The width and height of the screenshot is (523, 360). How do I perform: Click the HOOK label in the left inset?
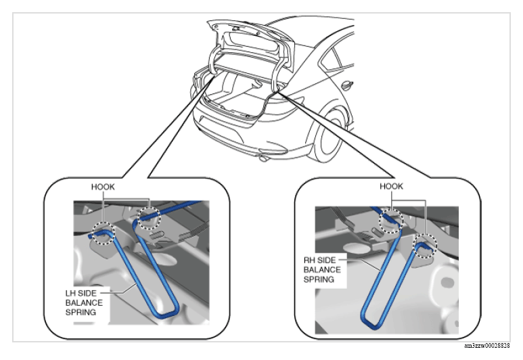click(103, 187)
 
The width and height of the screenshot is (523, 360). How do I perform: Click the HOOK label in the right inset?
click(391, 186)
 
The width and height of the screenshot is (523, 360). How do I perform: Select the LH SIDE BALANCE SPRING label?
click(84, 302)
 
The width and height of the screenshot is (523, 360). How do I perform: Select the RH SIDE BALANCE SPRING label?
click(322, 269)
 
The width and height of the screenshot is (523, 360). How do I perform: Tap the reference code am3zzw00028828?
click(487, 346)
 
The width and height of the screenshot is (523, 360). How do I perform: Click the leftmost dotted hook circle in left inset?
click(104, 233)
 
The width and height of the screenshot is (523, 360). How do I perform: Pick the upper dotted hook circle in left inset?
click(150, 218)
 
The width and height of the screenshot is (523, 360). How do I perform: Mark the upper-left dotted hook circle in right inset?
click(391, 221)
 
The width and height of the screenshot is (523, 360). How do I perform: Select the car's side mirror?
click(347, 85)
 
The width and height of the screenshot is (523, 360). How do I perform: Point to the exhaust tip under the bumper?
click(263, 158)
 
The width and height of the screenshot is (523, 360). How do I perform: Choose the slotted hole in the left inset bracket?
click(156, 235)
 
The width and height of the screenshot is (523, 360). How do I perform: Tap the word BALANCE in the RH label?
click(322, 269)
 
